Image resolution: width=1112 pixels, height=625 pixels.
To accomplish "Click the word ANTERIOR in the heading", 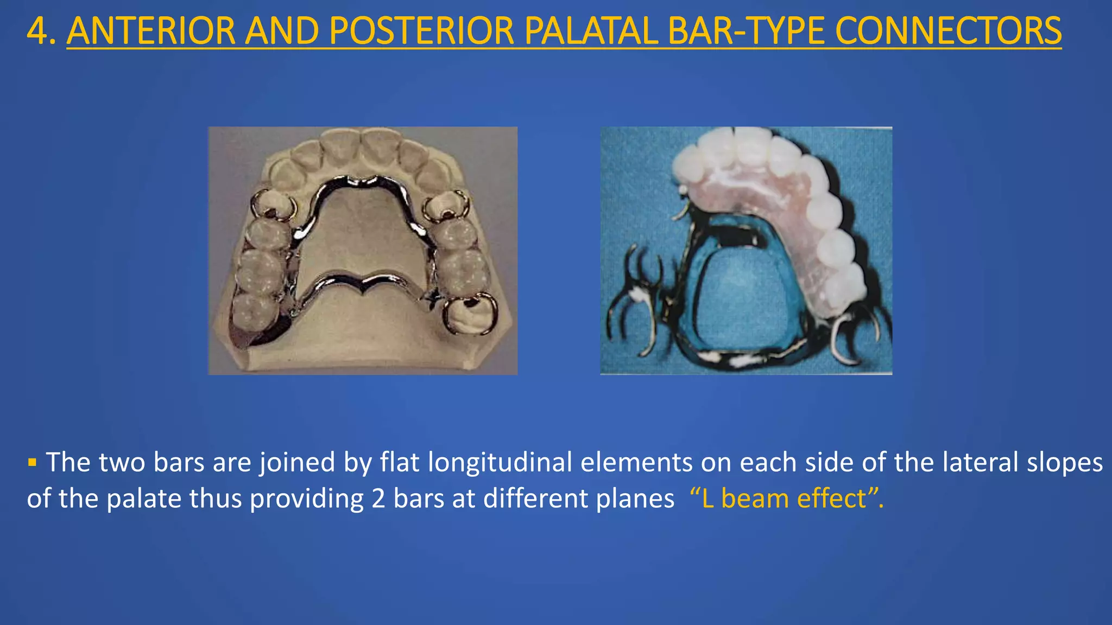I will [151, 31].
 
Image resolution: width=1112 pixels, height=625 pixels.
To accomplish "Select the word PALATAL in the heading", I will [591, 31].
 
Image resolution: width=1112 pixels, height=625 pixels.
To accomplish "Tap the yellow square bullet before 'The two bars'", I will [32, 463].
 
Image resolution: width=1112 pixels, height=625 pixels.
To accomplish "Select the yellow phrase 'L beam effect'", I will [786, 498].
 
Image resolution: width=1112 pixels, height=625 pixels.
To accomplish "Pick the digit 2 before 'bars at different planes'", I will [378, 498].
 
